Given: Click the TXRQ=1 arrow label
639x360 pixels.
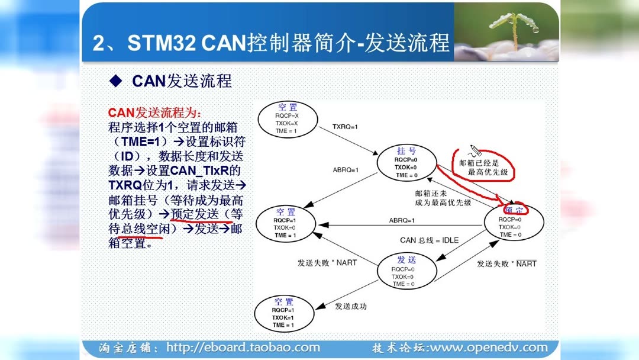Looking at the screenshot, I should (x=346, y=127).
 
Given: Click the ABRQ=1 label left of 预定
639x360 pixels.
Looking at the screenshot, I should (x=402, y=220).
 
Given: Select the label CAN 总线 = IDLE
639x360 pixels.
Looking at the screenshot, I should (x=429, y=240).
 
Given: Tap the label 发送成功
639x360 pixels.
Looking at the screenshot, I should (x=351, y=306).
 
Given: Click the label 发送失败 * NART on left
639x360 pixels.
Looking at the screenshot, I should (x=327, y=262).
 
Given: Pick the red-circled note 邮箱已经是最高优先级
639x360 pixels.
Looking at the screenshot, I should (x=483, y=167).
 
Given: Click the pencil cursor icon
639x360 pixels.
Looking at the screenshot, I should (x=475, y=150).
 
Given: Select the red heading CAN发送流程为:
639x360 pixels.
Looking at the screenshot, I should (x=154, y=113).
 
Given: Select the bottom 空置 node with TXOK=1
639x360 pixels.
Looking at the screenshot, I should (x=283, y=314).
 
